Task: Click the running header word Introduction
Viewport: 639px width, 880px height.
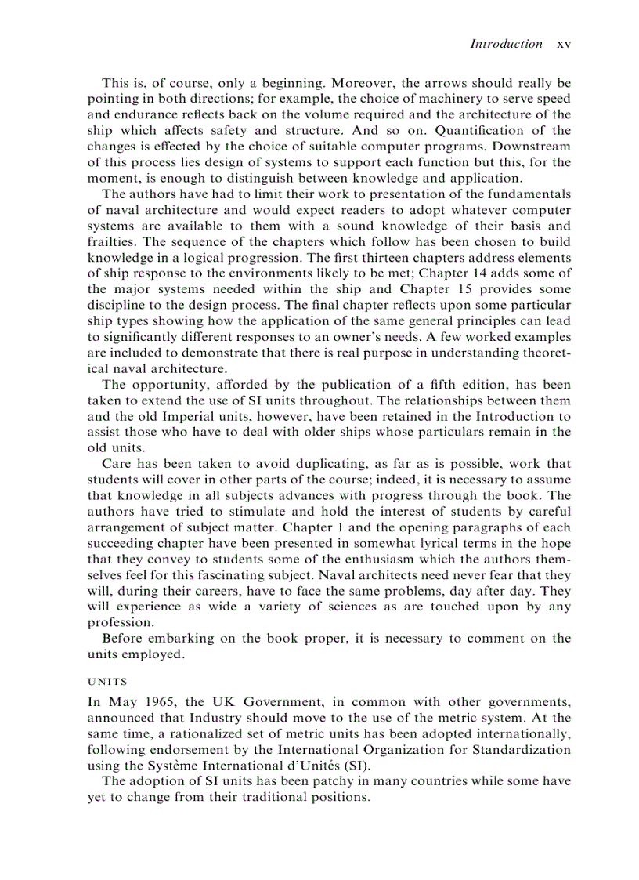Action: (505, 44)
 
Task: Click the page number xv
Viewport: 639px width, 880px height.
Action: (563, 45)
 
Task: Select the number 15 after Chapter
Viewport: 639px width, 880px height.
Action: (466, 289)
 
